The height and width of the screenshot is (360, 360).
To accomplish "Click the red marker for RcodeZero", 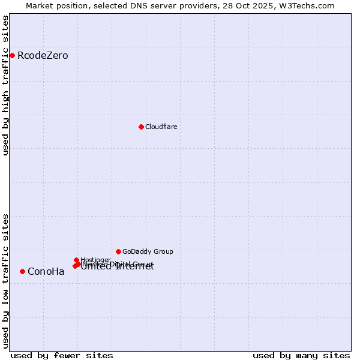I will (12, 56).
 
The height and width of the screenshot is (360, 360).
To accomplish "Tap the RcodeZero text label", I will (43, 56).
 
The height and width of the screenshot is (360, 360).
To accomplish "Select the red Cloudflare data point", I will (141, 127).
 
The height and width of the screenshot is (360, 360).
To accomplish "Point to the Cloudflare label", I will (161, 127).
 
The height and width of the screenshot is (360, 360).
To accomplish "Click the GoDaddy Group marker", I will (118, 251).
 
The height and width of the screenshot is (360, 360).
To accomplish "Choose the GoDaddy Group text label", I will (148, 251).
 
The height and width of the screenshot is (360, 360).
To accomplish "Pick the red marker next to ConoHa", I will (22, 271).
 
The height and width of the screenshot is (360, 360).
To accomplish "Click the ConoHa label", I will (46, 272).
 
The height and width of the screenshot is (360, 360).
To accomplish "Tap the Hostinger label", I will (95, 260).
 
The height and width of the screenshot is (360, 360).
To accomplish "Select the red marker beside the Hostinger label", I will (77, 260).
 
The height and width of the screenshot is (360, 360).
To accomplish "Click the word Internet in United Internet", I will (134, 267).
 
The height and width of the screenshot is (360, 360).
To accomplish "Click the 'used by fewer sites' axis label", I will (62, 355).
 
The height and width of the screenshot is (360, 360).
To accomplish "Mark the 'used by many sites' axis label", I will (301, 355).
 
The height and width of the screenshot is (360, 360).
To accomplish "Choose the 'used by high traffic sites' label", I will (5, 85).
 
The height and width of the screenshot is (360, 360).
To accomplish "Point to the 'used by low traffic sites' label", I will (5, 280).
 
